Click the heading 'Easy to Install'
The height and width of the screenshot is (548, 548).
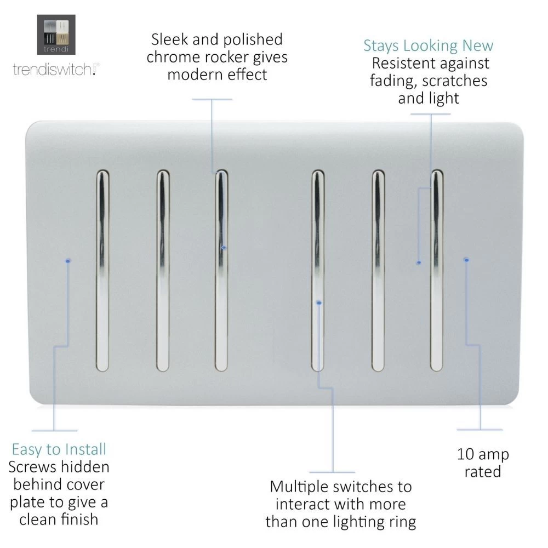(x=59, y=449)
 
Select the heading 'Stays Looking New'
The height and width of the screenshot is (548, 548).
(x=429, y=45)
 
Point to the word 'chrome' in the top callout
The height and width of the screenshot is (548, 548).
(x=179, y=57)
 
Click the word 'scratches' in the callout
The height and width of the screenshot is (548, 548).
(x=455, y=81)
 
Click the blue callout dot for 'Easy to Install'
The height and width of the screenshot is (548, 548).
(x=67, y=261)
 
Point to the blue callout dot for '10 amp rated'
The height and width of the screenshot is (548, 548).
(x=466, y=259)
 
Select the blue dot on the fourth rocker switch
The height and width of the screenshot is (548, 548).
(x=319, y=302)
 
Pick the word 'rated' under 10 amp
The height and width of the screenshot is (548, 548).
(x=482, y=471)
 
